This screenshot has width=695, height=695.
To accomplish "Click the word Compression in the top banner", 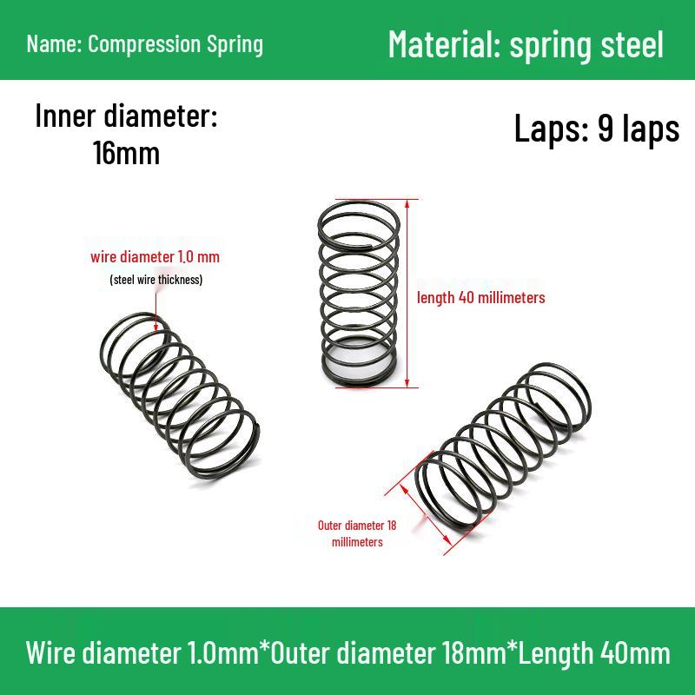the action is (144, 44).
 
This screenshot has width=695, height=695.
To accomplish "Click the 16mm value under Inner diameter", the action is (126, 153).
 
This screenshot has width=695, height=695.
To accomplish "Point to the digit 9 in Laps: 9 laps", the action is (606, 128).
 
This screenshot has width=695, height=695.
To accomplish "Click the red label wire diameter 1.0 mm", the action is (156, 256).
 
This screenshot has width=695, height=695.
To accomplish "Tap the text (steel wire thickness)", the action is (156, 280).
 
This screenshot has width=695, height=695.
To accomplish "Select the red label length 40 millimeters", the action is (481, 297).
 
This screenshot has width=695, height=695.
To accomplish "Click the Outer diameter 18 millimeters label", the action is (357, 533).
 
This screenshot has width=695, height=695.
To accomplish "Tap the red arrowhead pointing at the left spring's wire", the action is (156, 328).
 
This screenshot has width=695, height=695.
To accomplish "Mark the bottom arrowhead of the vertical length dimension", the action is (407, 383).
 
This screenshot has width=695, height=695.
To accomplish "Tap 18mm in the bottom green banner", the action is (473, 652).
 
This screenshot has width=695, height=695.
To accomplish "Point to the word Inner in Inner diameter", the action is (65, 116).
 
